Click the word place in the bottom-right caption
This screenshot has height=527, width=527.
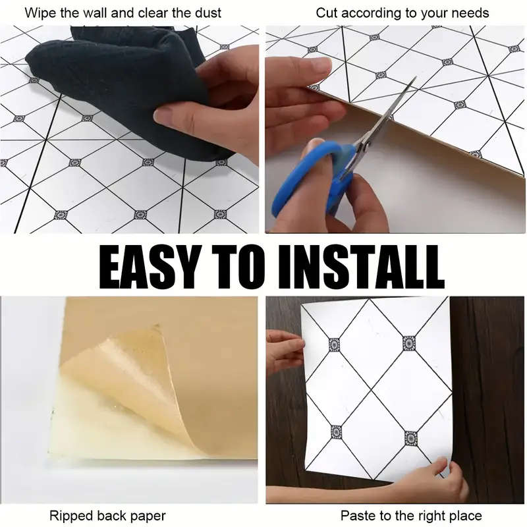tap(464, 515)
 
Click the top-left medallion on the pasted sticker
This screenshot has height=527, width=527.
tap(334, 344)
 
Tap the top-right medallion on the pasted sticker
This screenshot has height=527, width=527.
tap(409, 343)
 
